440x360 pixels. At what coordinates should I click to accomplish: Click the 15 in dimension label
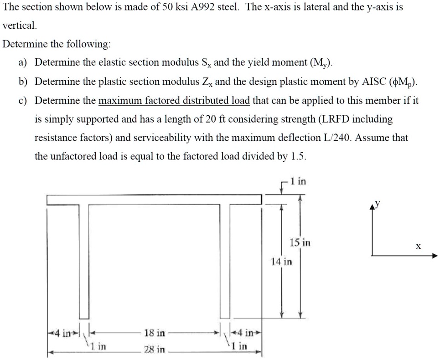click(x=300, y=243)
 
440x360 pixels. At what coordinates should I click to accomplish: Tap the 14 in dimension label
click(x=281, y=262)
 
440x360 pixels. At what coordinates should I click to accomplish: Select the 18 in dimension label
click(x=155, y=333)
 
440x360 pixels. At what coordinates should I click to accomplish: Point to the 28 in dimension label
click(x=155, y=350)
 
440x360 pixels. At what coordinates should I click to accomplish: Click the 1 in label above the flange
click(x=299, y=182)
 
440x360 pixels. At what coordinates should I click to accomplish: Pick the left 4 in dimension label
click(x=61, y=333)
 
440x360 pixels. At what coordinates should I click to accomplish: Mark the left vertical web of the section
click(x=84, y=260)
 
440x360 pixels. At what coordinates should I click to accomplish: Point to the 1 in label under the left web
click(x=98, y=346)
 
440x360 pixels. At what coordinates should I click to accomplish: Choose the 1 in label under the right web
click(x=239, y=346)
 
